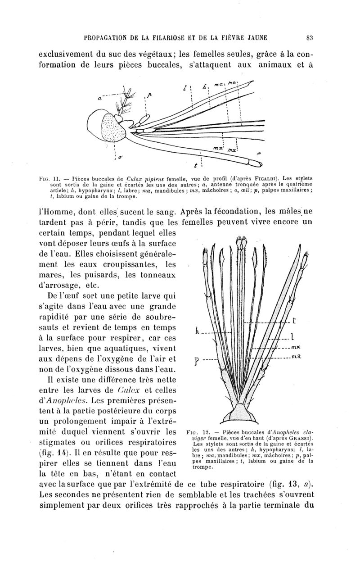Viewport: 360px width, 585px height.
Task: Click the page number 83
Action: (x=309, y=37)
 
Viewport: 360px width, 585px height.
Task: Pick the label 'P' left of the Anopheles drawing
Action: (x=197, y=362)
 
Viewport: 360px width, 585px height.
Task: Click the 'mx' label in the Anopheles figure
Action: (x=296, y=347)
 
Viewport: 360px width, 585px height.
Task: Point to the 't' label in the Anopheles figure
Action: (x=294, y=320)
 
